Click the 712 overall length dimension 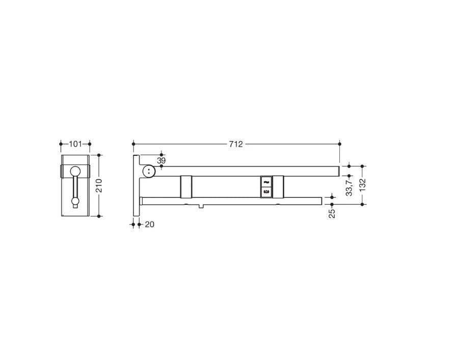tap(236, 144)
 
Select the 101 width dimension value tap(75, 144)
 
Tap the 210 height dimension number tap(99, 185)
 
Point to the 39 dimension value tap(161, 161)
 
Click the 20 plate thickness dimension tap(149, 225)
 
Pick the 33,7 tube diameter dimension tap(349, 188)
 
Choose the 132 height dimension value tap(362, 185)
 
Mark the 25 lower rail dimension tap(332, 214)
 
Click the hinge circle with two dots tap(149, 171)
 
